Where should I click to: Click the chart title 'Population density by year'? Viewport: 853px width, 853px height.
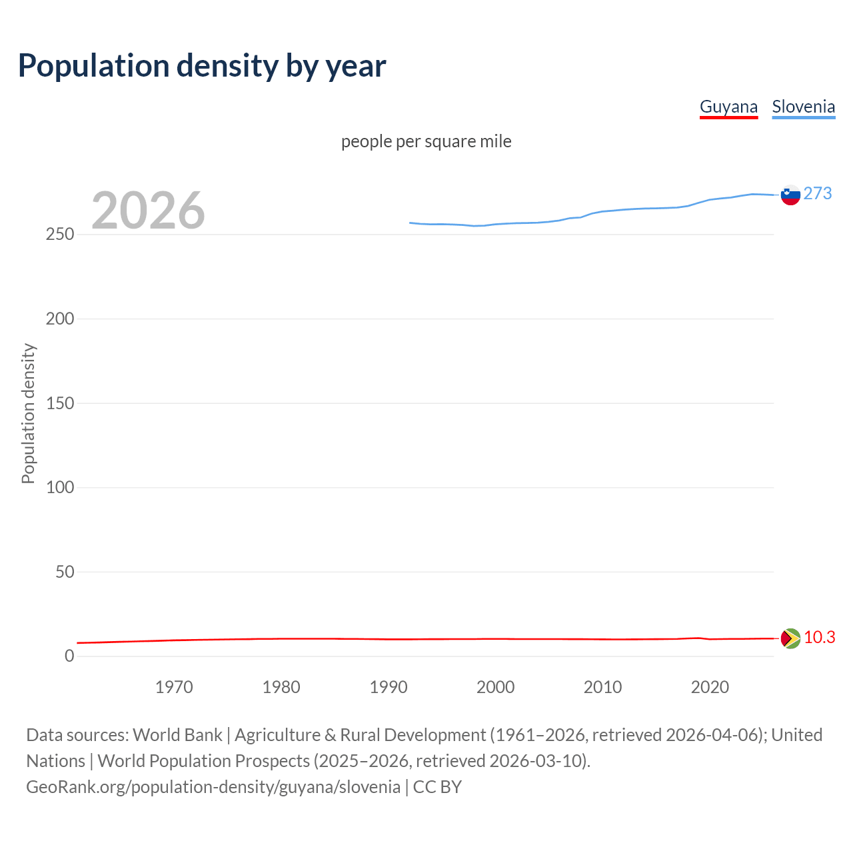[x=202, y=66]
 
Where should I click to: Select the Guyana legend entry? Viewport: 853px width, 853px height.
[x=728, y=107]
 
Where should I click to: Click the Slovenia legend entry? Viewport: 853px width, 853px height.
[x=803, y=107]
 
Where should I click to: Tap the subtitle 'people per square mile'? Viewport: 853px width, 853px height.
[x=426, y=141]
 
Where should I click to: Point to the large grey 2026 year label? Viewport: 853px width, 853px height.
[x=148, y=211]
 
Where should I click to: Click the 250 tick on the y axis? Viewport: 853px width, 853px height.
[x=60, y=235]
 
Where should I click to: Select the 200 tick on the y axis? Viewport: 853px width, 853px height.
[x=60, y=319]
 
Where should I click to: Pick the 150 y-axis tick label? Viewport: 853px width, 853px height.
[x=60, y=403]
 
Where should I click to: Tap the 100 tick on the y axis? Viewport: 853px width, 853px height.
[x=60, y=487]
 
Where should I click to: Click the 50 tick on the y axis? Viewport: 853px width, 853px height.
[x=65, y=572]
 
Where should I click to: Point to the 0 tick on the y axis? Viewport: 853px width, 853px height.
[x=69, y=656]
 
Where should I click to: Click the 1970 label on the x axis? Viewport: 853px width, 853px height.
[x=174, y=687]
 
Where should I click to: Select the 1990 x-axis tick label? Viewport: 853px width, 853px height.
[x=389, y=687]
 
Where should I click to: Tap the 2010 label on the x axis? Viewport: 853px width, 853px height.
[x=602, y=687]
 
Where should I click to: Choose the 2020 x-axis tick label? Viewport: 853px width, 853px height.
[x=710, y=687]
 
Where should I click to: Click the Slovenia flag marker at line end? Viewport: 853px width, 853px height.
[x=790, y=195]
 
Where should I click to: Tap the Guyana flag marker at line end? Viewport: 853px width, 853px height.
[x=790, y=638]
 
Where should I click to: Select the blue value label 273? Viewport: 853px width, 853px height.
[x=818, y=193]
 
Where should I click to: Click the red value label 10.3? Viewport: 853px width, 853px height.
[x=819, y=638]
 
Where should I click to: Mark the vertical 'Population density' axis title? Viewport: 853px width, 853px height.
[x=28, y=413]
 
